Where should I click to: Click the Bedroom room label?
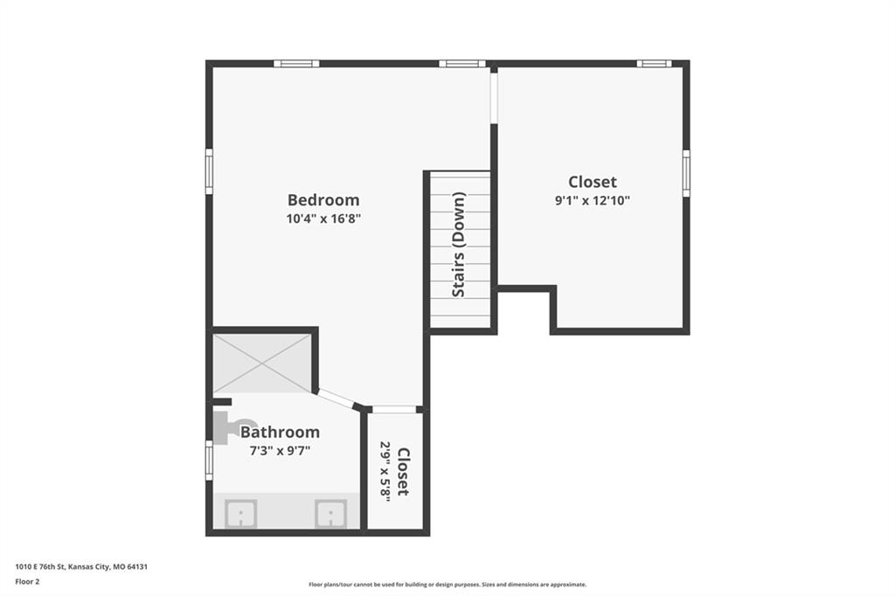point(323,200)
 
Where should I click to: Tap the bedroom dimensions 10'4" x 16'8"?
point(323,218)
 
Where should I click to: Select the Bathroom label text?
point(280,433)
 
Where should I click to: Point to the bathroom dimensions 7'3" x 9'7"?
point(280,450)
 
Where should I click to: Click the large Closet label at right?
point(593,182)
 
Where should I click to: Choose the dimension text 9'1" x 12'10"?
point(593,200)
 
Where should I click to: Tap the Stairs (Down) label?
point(459,245)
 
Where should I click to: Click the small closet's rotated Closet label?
point(403,472)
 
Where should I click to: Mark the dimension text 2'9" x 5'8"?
point(385,472)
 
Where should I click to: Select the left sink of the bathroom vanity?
point(240,514)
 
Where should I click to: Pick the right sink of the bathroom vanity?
point(331,514)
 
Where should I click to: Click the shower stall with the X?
point(262,363)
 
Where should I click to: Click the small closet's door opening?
point(394,409)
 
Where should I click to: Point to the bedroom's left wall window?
point(209,171)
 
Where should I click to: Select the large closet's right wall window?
point(686,173)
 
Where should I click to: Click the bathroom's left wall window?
point(209,461)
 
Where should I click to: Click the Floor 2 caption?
point(27,582)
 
